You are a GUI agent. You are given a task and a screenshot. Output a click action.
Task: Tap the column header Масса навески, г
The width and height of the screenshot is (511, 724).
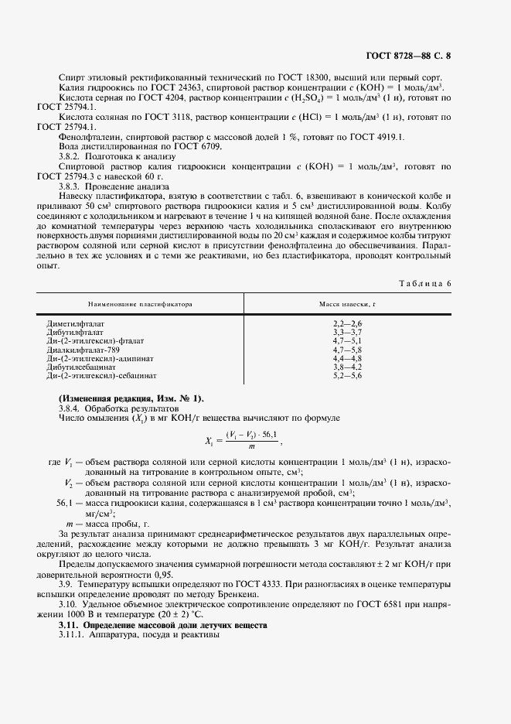tap(348, 305)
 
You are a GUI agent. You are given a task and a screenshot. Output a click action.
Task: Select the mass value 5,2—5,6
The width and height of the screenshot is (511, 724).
tap(347, 376)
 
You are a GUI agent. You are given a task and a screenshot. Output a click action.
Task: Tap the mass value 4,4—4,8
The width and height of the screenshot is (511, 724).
tap(347, 358)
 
